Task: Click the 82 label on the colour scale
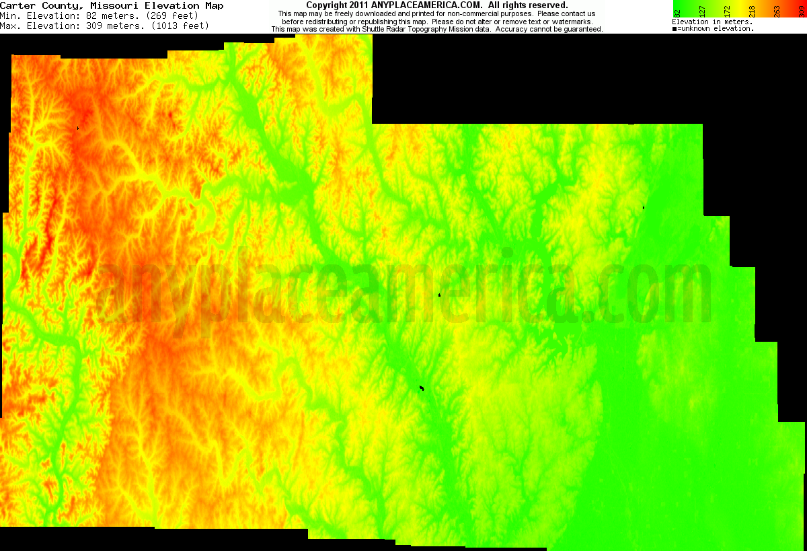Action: (x=678, y=10)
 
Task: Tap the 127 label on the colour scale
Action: (x=702, y=10)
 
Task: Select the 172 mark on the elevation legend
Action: (x=727, y=10)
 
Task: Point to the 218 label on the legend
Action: (x=752, y=10)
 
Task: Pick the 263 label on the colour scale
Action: (x=777, y=10)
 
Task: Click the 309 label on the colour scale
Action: (x=801, y=10)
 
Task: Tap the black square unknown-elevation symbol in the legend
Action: (x=675, y=29)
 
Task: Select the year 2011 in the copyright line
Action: (x=357, y=5)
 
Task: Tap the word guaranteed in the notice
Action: (x=580, y=30)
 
